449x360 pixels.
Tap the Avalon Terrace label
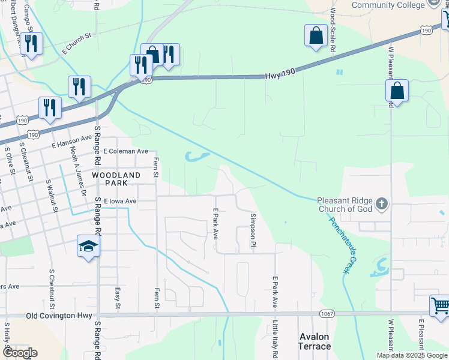(315, 341)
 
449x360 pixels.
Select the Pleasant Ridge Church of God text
(345, 205)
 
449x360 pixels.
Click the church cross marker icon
(382, 205)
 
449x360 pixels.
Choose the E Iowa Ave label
(120, 201)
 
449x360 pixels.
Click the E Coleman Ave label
(125, 152)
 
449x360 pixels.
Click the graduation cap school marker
(88, 246)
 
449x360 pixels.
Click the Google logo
(19, 353)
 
